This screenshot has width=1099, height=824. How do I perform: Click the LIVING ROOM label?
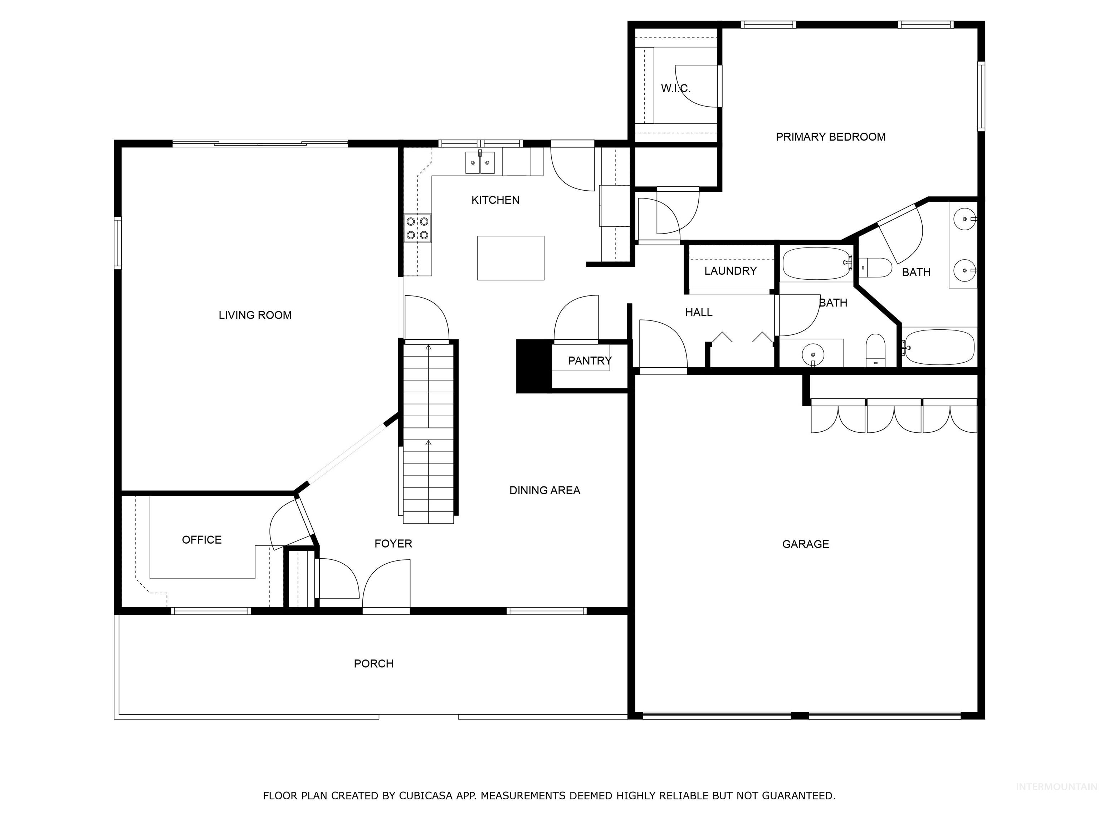[x=255, y=315]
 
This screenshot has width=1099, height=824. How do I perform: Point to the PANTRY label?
[x=589, y=360]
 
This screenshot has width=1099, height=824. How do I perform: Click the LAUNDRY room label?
[x=730, y=271]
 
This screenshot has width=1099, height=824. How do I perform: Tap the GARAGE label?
[x=805, y=544]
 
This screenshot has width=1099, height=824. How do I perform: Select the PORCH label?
[x=373, y=663]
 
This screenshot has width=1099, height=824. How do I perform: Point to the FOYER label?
[x=393, y=543]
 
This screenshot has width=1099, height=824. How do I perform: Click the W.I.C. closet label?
[x=675, y=88]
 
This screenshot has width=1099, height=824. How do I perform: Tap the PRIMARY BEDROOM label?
[x=830, y=137]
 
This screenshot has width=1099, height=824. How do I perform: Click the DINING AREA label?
[x=544, y=490]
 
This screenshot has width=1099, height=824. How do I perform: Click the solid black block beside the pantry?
[x=534, y=366]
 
